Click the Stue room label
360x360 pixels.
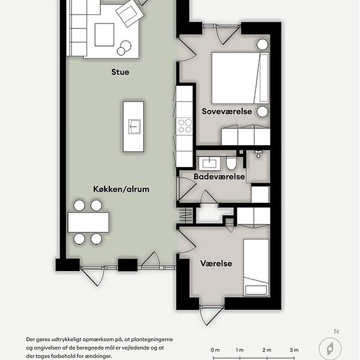pyautogui.click(x=120, y=72)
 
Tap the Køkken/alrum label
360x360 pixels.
pyautogui.click(x=121, y=189)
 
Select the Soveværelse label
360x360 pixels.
pyautogui.click(x=227, y=111)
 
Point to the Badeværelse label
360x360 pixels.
pyautogui.click(x=219, y=177)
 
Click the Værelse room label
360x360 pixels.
pyautogui.click(x=216, y=263)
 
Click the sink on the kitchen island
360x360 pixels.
pyautogui.click(x=134, y=126)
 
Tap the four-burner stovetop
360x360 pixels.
pyautogui.click(x=185, y=126)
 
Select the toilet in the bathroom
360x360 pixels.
pyautogui.click(x=231, y=163)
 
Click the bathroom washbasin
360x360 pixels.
pyautogui.click(x=209, y=163)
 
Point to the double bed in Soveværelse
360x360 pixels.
pyautogui.click(x=240, y=78)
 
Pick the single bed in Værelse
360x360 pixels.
pyautogui.click(x=256, y=268)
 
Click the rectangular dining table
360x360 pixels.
pyautogui.click(x=88, y=223)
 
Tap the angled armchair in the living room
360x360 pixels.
pyautogui.click(x=130, y=13)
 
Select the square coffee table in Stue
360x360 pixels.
pyautogui.click(x=105, y=35)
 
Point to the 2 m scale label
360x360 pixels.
pyautogui.click(x=267, y=350)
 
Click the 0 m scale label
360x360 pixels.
pyautogui.click(x=215, y=350)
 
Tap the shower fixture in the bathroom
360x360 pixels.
pyautogui.click(x=259, y=154)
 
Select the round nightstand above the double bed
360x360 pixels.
pyautogui.click(x=262, y=45)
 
